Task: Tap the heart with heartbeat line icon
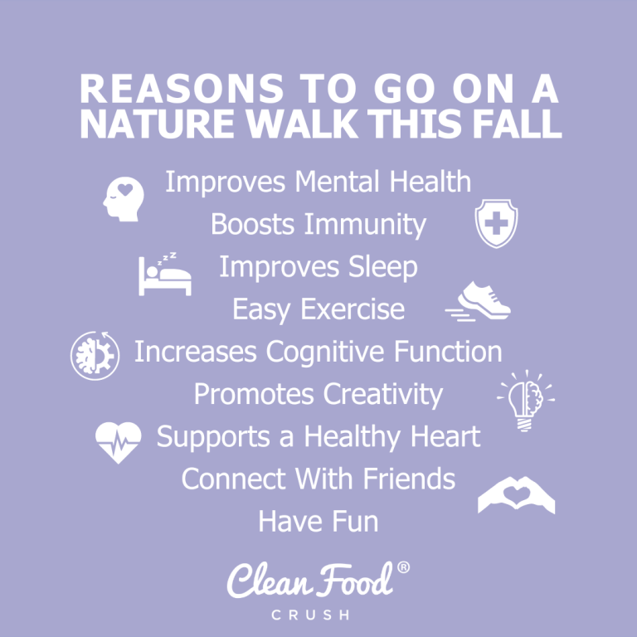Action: point(118,440)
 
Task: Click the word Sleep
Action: point(381,267)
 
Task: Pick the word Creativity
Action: point(382,394)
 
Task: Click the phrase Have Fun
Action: point(318,522)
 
